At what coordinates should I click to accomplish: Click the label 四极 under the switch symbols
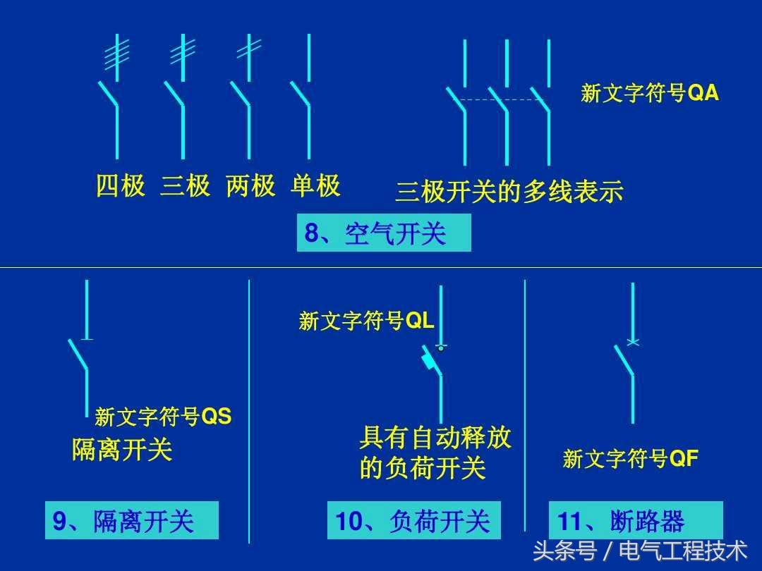121,186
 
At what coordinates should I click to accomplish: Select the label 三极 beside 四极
186,186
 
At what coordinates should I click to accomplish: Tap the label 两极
250,186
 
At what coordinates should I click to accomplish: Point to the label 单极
315,186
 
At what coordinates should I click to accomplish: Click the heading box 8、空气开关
383,233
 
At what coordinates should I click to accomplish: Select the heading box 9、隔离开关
131,521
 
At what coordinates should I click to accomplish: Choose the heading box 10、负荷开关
413,521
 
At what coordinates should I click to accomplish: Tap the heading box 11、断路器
636,521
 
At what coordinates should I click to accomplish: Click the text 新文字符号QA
650,94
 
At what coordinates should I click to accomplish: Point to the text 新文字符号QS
163,417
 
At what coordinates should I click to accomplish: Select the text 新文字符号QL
366,321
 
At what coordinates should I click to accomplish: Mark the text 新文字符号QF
630,459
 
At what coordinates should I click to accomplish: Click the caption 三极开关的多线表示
509,192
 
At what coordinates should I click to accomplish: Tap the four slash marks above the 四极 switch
116,55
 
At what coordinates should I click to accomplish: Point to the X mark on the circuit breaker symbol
633,343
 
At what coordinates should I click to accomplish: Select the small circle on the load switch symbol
441,348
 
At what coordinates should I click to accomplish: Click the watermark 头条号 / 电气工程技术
640,550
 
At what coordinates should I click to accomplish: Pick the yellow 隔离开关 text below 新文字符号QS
122,449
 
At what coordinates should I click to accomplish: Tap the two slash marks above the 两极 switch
248,48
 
